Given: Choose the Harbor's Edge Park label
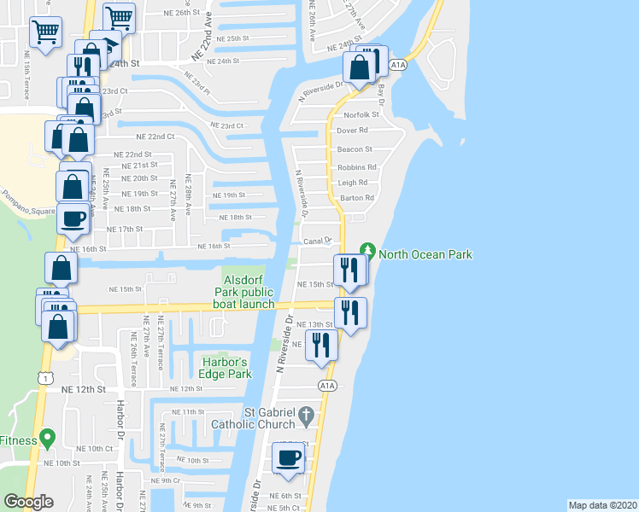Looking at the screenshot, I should coord(226,366).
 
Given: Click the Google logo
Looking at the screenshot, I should coord(28,501).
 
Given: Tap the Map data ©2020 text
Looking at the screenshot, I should coord(603,505).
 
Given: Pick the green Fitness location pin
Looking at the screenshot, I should coord(47,439).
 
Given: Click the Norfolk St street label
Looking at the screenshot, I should coord(361,114).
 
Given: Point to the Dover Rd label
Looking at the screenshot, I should coord(352,131).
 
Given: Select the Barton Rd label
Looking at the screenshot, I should coord(357,198).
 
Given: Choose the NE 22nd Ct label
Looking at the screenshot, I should coord(155,137).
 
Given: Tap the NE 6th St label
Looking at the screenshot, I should coord(284,496).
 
